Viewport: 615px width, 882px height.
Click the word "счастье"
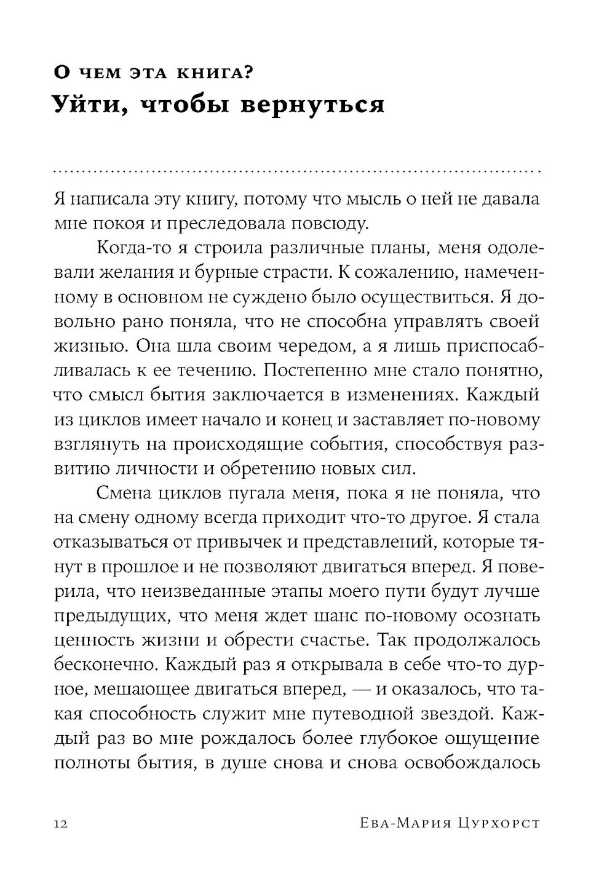335,639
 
